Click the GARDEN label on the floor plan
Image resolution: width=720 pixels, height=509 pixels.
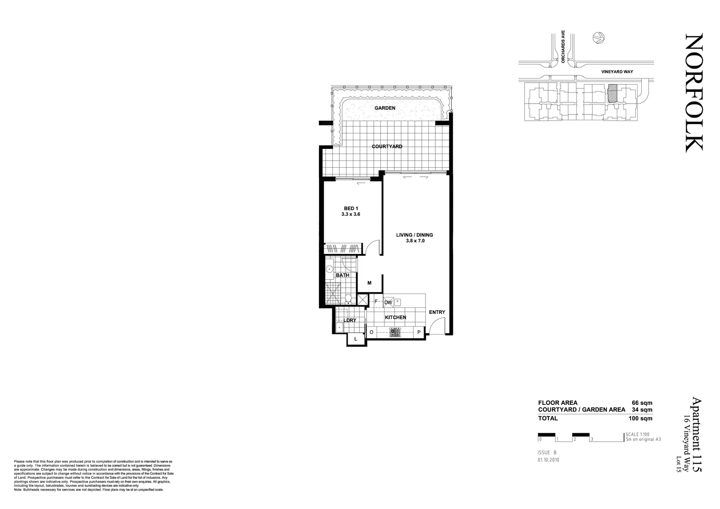point(385,108)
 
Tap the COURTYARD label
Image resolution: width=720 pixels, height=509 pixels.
point(387,147)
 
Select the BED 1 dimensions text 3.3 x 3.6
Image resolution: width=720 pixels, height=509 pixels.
point(351,214)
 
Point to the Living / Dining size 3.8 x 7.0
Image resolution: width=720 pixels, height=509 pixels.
point(414,241)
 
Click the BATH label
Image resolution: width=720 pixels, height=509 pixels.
point(342,275)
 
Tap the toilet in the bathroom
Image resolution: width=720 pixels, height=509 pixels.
point(348,298)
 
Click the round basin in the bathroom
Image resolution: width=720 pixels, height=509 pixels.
point(329,270)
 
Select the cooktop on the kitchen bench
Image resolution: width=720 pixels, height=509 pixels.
point(395,332)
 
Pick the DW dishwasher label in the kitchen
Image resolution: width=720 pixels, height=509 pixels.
point(388,303)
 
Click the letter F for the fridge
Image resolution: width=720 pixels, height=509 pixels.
point(376,302)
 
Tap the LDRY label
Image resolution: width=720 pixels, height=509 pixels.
point(350,320)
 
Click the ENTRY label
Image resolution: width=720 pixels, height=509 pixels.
point(437,312)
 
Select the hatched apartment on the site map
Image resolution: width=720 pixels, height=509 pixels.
point(612,93)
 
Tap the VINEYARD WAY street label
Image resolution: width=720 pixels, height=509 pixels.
point(617,72)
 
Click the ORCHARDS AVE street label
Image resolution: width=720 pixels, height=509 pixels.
point(563,47)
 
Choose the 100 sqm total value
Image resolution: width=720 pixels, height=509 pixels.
point(640,418)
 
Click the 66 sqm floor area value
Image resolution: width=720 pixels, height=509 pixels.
point(642,403)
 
